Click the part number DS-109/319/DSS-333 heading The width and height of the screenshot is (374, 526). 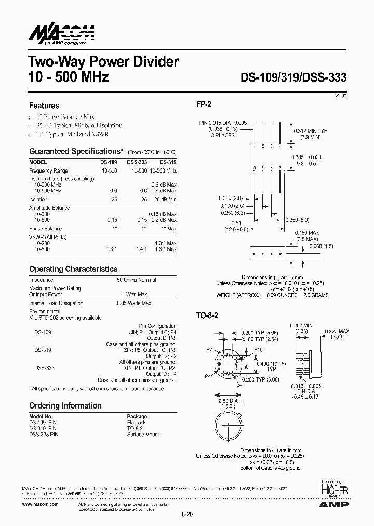point(293,77)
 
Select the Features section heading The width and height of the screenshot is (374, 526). point(44,106)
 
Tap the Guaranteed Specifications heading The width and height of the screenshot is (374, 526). point(76,151)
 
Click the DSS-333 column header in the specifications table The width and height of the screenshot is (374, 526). point(136,162)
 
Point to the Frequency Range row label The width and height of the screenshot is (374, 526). point(48,170)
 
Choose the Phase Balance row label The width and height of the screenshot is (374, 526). point(45,229)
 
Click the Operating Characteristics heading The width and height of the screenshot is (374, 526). point(73,269)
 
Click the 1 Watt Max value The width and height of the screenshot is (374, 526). point(135,294)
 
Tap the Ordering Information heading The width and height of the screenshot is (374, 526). point(65,405)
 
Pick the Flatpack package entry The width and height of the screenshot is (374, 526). point(137,423)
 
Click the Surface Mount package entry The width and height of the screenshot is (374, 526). point(143,434)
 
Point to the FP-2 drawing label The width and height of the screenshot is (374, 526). point(203,104)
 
